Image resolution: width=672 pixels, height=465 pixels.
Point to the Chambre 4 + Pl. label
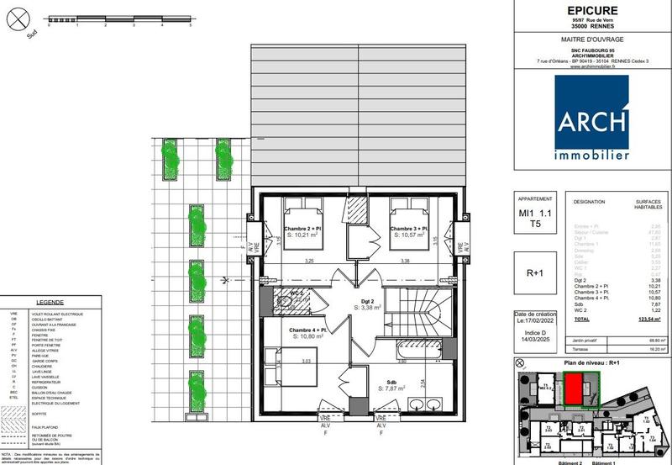pyautogui.click(x=308, y=330)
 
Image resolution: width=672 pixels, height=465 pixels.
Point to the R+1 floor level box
pyautogui.click(x=536, y=273)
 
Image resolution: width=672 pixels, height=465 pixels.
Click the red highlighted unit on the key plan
pyautogui.click(x=574, y=389)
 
